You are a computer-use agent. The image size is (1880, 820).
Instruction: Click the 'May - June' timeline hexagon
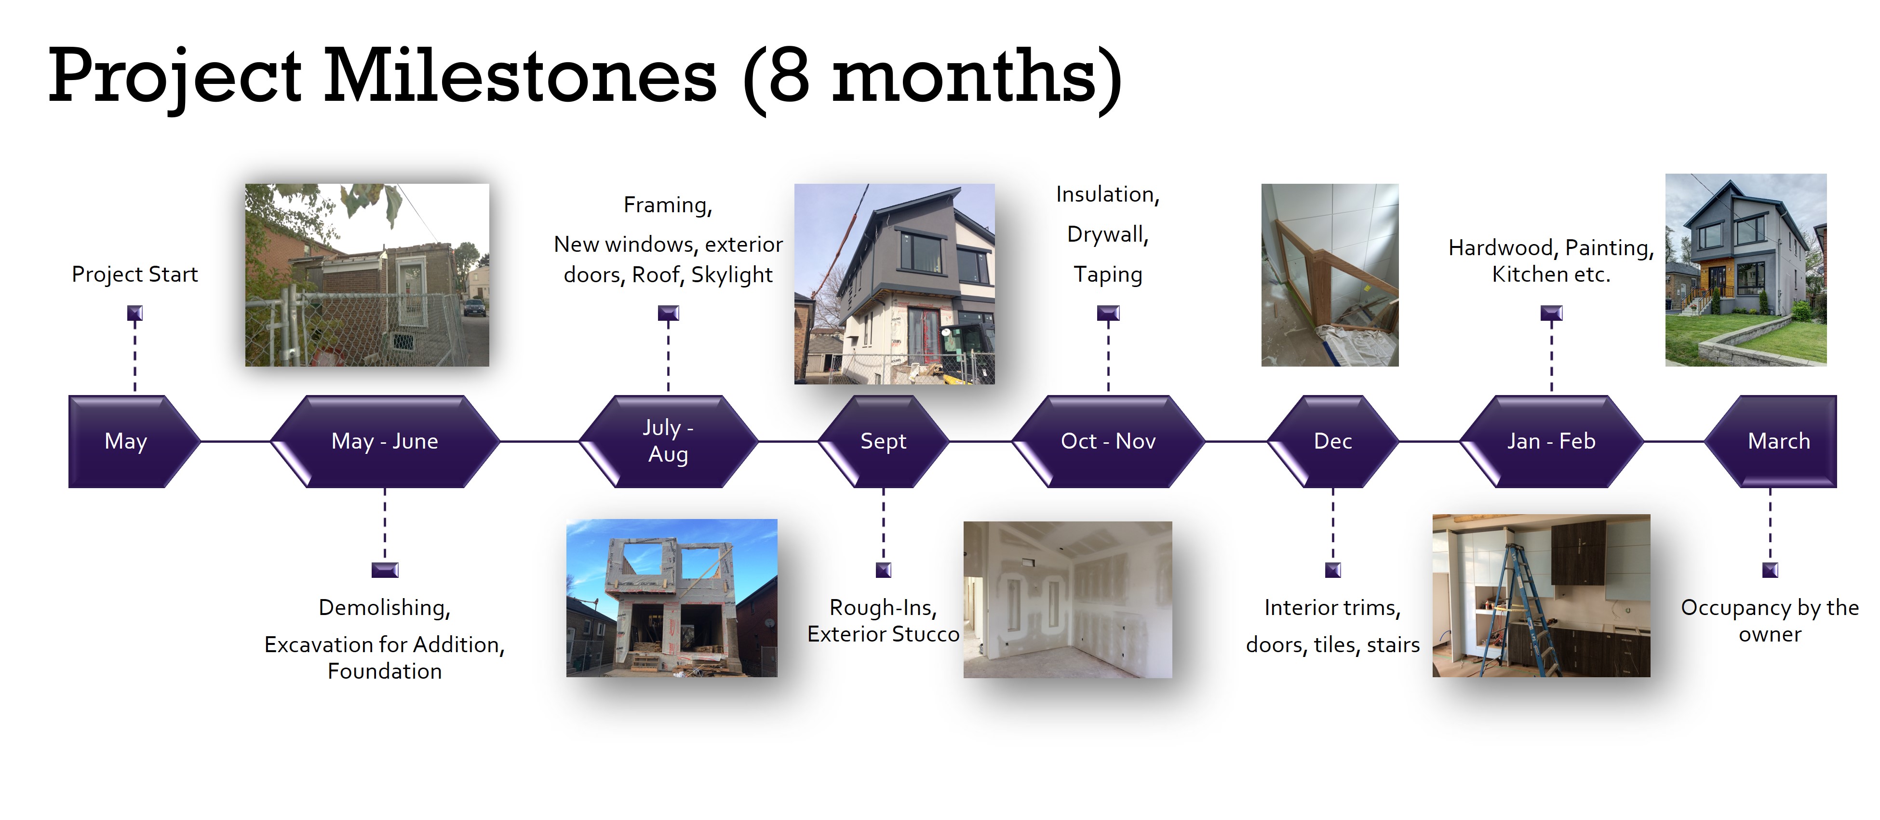pyautogui.click(x=385, y=441)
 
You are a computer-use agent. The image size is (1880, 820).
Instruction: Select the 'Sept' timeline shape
pyautogui.click(x=883, y=441)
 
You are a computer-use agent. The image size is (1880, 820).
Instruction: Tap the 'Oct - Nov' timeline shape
pyautogui.click(x=1108, y=441)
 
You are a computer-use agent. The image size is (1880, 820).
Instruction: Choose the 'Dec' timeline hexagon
pyautogui.click(x=1333, y=441)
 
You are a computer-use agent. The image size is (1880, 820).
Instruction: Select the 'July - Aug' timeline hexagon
pyautogui.click(x=668, y=441)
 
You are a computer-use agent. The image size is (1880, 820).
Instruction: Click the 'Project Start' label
pyautogui.click(x=135, y=274)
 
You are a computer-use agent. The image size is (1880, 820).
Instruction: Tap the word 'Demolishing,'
pyautogui.click(x=385, y=607)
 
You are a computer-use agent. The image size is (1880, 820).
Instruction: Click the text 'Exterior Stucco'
pyautogui.click(x=883, y=634)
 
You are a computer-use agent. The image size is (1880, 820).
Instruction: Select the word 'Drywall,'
pyautogui.click(x=1108, y=234)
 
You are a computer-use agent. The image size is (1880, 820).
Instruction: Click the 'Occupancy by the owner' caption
pyautogui.click(x=1770, y=621)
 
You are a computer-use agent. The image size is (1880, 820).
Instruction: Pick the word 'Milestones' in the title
pyautogui.click(x=520, y=75)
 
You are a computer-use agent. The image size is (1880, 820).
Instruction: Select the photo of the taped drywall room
pyautogui.click(x=1068, y=600)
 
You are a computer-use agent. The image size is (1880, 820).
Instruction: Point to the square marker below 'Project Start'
pyautogui.click(x=135, y=313)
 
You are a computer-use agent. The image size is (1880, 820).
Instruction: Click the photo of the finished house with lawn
pyautogui.click(x=1746, y=270)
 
